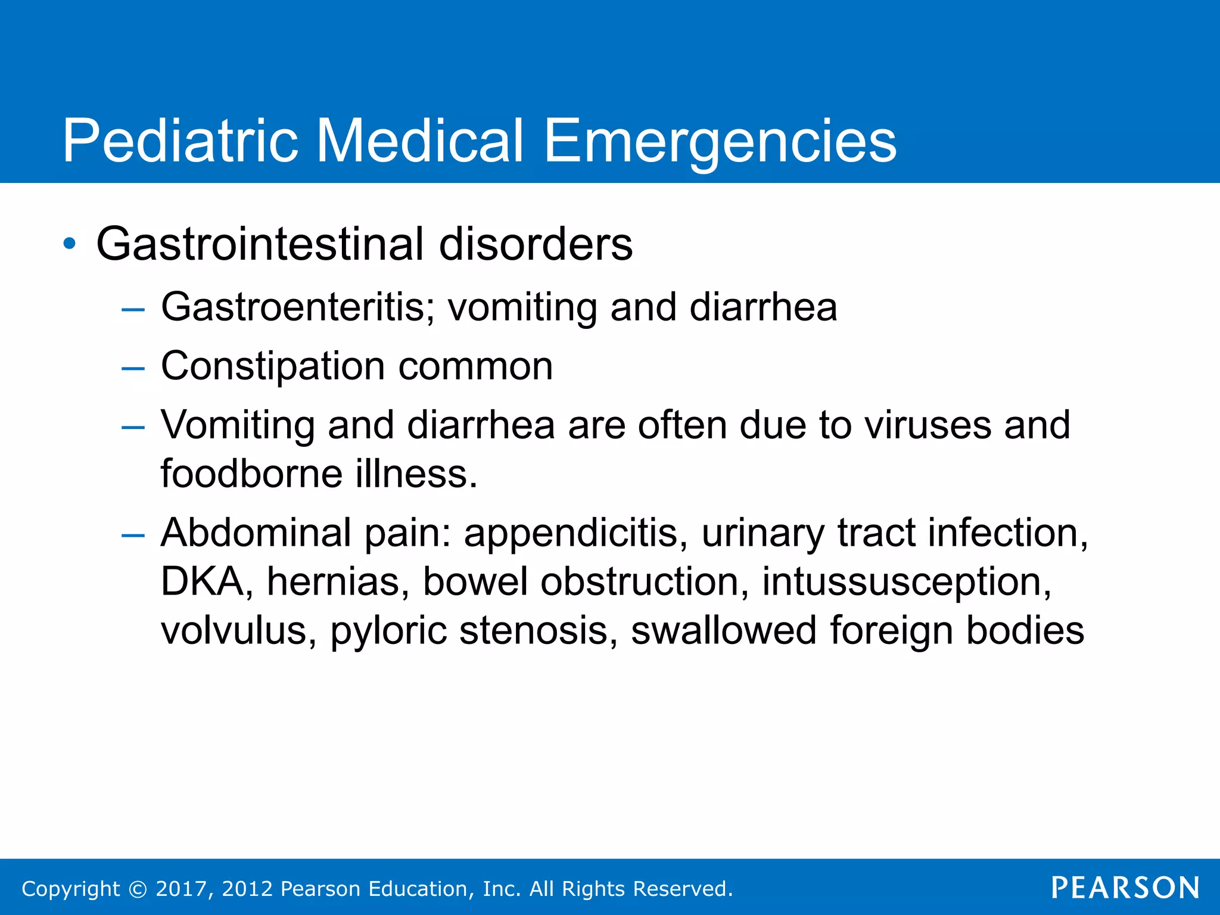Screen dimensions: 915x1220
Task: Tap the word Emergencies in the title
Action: pos(720,141)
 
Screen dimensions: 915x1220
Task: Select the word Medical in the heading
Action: pos(419,141)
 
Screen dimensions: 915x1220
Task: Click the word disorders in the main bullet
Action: pos(536,244)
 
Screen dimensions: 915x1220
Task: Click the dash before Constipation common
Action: pos(132,369)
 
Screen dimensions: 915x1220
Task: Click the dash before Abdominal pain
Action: pos(132,536)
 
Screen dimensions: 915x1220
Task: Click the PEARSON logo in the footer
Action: pos(1125,888)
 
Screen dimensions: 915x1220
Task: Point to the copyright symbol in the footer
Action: pos(138,889)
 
